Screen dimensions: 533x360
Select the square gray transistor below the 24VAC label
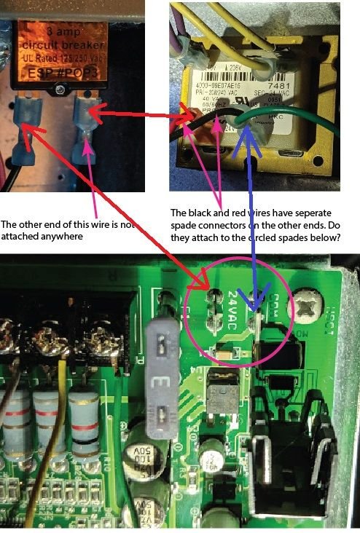[219, 398]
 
